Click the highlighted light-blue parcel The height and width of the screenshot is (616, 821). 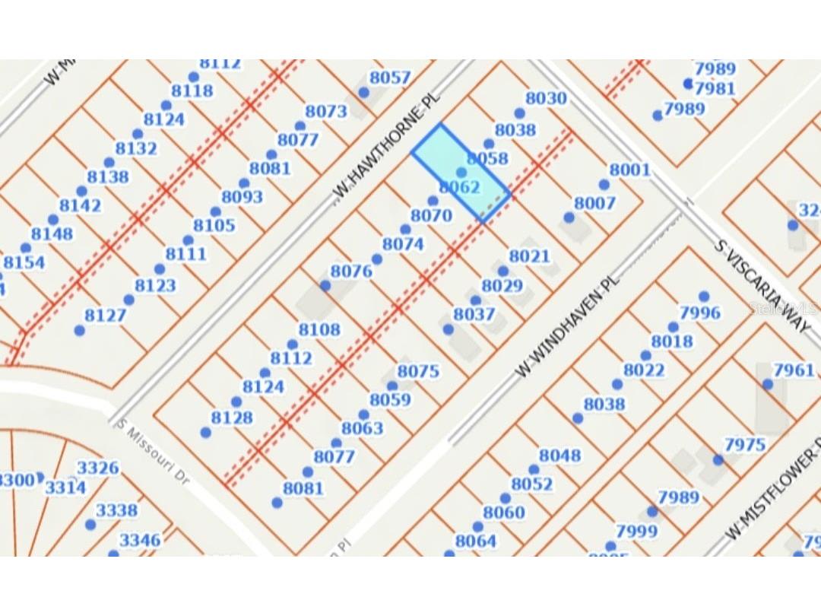[461, 172]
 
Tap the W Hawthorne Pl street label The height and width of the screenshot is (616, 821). [388, 149]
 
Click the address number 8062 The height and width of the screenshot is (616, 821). [459, 187]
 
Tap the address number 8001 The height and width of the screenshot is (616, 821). [630, 169]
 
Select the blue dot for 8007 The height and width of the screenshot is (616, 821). [569, 218]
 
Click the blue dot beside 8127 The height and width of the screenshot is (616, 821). [80, 330]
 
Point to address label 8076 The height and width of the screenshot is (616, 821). [351, 271]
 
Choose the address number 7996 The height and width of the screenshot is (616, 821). [699, 313]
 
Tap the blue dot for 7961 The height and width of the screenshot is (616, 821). [768, 384]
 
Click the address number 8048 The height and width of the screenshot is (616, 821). [559, 456]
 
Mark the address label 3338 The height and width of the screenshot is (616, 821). [116, 510]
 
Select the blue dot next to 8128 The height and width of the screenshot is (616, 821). [205, 432]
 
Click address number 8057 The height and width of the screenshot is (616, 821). [389, 78]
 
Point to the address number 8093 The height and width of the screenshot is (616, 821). [242, 197]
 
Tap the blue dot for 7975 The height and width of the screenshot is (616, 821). [718, 459]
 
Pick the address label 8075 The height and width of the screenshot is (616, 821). [418, 371]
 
